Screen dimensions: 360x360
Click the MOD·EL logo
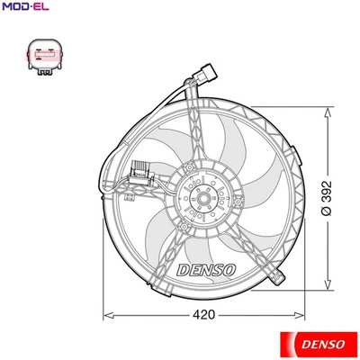tap(24, 8)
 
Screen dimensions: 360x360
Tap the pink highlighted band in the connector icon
tap(43, 58)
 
